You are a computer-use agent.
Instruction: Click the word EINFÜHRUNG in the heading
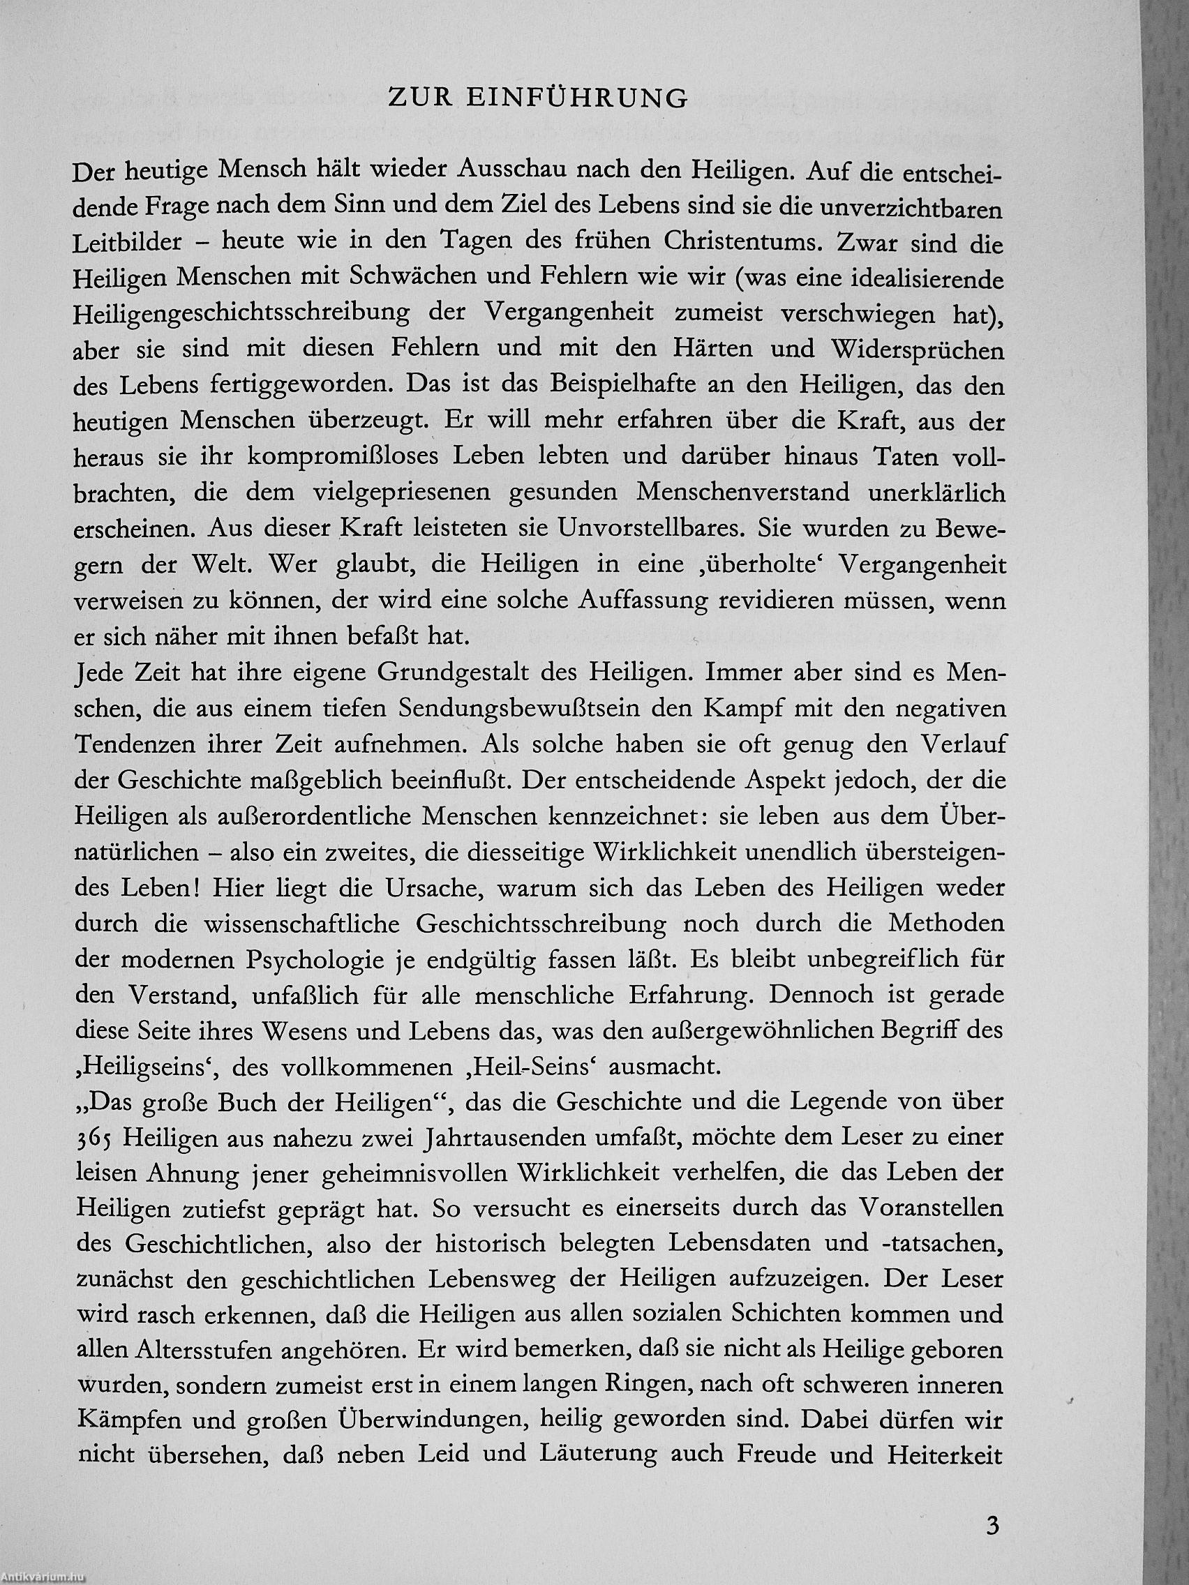(577, 99)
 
